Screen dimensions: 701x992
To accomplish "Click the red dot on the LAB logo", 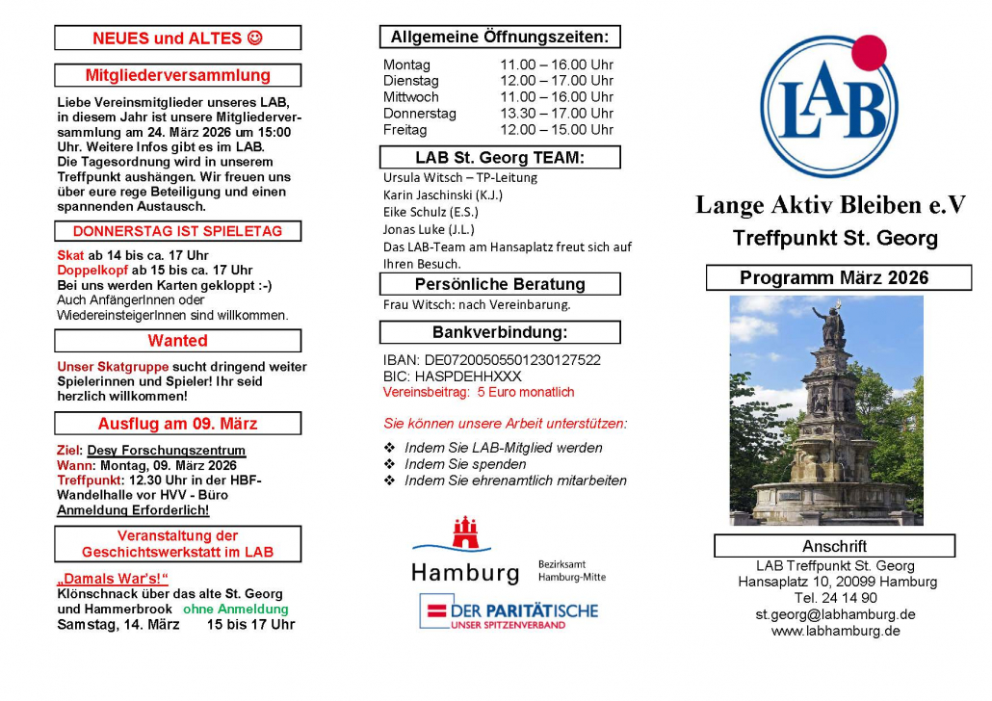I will (868, 54).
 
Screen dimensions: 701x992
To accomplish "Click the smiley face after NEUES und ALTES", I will (254, 39).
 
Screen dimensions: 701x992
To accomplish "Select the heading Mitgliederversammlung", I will (177, 75).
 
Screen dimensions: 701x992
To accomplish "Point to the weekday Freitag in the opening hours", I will (405, 130).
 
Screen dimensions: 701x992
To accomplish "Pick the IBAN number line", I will (491, 360).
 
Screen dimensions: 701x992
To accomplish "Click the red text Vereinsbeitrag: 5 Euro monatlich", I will (478, 393).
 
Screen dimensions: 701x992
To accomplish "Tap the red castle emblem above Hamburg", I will (465, 535).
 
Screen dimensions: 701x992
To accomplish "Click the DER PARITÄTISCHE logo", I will (509, 612).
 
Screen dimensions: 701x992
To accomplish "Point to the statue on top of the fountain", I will (828, 325).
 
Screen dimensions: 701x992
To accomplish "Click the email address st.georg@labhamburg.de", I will (835, 614).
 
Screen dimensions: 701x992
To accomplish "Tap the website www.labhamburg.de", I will (835, 631).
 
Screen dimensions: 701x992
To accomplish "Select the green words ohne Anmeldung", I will (236, 609).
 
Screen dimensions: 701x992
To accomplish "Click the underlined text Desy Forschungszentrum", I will (166, 451).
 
